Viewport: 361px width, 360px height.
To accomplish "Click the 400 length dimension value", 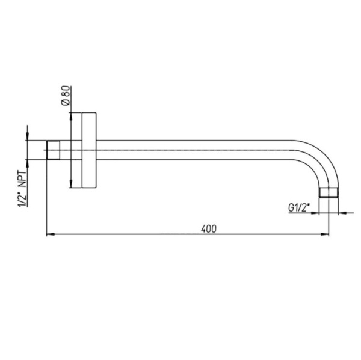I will pos(209,228).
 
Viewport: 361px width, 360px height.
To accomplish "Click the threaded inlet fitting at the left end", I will pos(55,150).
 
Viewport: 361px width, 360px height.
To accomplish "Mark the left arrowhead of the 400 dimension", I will pos(50,234).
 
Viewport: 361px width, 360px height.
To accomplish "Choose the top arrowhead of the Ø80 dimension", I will pos(72,115).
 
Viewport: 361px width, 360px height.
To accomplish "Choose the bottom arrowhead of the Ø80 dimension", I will pos(72,184).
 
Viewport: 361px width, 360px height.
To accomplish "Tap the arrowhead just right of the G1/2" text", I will pos(315,212).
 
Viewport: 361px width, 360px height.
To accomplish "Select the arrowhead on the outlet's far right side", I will pos(342,212).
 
